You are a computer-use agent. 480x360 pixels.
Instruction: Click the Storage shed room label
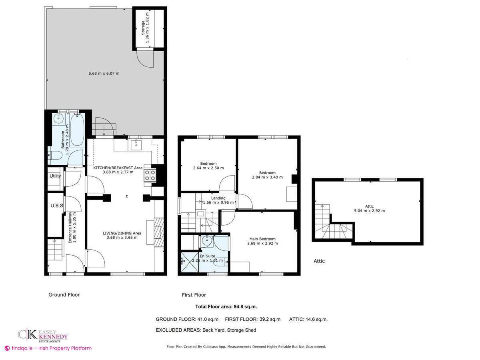(143, 27)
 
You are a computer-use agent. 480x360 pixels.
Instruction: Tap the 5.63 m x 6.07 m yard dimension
(104, 73)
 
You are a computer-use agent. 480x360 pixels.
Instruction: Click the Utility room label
(55, 176)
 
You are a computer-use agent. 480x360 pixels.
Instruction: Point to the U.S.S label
(56, 206)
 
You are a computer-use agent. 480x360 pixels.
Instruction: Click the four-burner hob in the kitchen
(150, 175)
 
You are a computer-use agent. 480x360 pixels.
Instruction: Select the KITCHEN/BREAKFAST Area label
(118, 168)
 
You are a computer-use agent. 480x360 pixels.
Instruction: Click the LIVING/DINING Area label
(122, 233)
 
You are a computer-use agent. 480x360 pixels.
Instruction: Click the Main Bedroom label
(262, 239)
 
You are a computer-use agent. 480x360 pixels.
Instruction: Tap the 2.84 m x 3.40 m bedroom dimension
(267, 177)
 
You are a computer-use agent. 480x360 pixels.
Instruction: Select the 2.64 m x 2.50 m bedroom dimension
(208, 168)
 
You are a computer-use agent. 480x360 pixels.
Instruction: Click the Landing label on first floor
(218, 198)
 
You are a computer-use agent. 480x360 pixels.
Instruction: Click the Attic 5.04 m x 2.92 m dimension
(369, 210)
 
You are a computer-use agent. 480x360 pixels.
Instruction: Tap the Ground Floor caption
(64, 295)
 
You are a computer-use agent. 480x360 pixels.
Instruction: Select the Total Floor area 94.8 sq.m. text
(226, 307)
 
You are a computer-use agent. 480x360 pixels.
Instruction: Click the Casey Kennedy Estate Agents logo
(42, 335)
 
